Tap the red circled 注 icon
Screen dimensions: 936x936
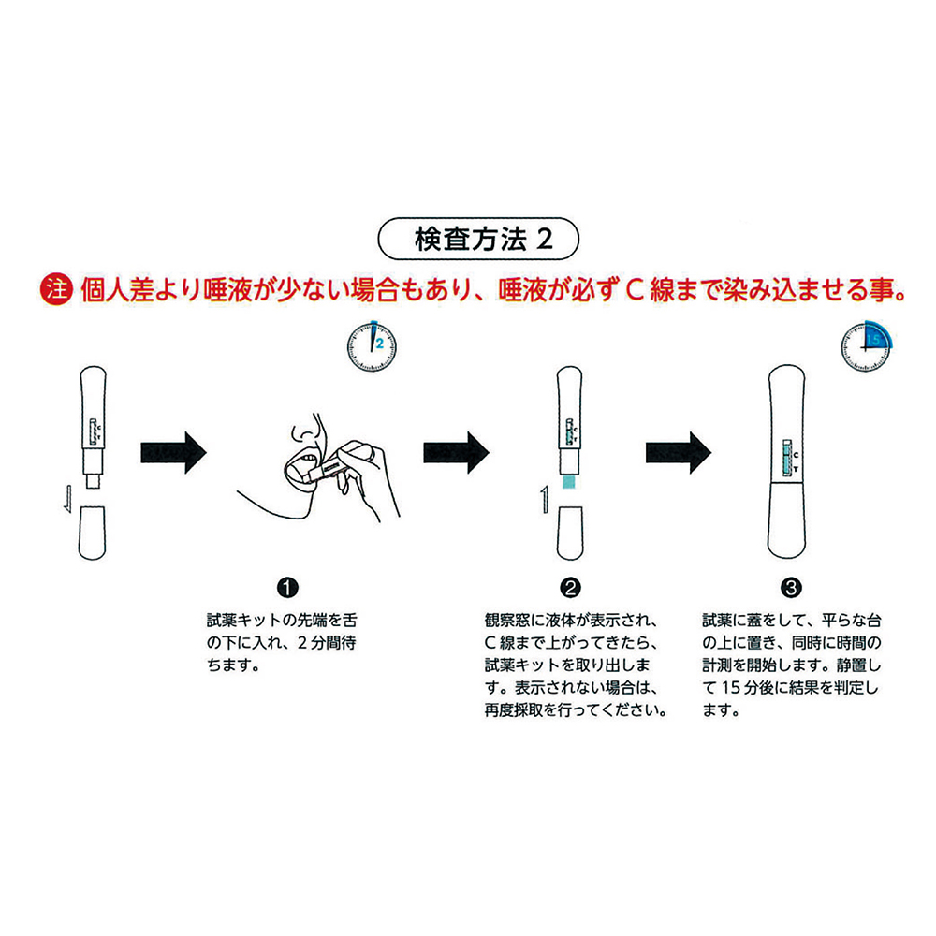[56, 290]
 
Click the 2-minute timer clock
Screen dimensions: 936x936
[372, 346]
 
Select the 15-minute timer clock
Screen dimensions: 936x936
[866, 346]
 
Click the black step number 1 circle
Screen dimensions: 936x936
[287, 588]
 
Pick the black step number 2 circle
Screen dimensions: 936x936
[570, 588]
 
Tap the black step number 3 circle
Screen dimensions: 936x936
[791, 588]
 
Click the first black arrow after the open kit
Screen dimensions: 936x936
[174, 452]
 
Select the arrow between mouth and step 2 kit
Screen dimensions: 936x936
[456, 452]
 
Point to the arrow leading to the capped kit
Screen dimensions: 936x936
[679, 452]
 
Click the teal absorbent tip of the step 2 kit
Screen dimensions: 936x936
[569, 481]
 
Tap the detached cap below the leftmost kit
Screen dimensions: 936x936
[92, 534]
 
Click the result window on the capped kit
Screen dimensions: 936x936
[787, 458]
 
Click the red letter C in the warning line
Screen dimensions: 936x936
[634, 291]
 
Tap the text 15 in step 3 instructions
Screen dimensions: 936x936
[731, 688]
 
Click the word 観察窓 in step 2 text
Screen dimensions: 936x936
[506, 621]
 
